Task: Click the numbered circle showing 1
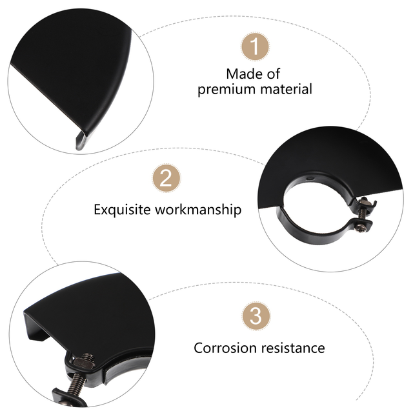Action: coord(255,46)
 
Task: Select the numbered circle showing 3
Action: coord(255,317)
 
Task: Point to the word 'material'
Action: coord(283,89)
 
